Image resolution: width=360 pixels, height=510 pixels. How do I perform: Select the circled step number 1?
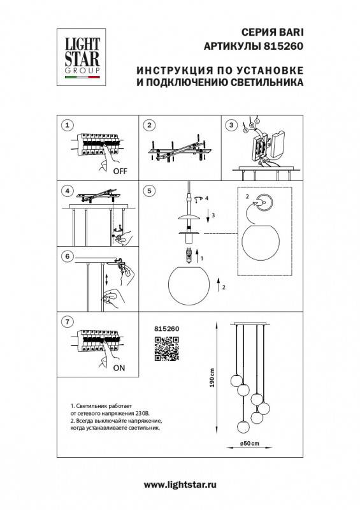tap(69, 124)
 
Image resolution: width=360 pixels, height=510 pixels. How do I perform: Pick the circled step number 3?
tap(232, 124)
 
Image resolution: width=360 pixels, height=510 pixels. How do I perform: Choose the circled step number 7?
tap(69, 323)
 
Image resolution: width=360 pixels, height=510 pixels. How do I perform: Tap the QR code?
tap(165, 349)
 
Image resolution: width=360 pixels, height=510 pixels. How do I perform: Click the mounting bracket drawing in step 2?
tap(180, 152)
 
